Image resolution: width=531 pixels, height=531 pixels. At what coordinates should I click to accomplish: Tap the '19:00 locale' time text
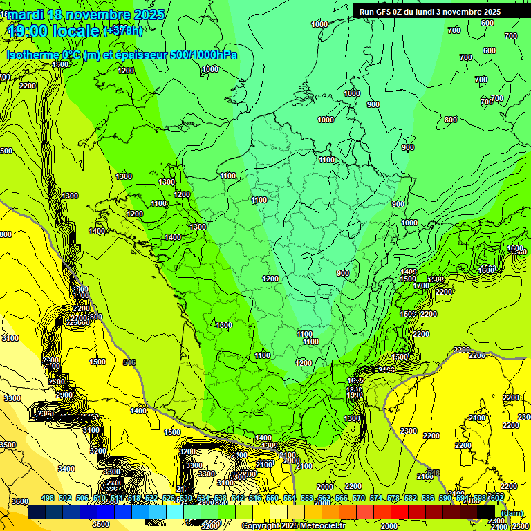point(53,31)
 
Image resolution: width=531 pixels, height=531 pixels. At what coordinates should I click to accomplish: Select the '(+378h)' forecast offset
point(122,31)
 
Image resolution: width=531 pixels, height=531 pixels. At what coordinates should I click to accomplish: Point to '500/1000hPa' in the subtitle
point(204,55)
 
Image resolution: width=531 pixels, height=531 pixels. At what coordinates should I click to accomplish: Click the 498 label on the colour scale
point(48,498)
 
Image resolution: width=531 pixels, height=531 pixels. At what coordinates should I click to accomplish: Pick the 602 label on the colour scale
point(496,498)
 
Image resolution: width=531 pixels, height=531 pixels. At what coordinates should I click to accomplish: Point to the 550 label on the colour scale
point(272,498)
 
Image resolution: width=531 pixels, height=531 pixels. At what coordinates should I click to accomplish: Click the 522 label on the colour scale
point(151,498)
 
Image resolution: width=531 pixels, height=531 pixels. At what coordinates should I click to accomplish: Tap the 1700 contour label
point(421,286)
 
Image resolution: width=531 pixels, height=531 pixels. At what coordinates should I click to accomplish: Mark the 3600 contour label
point(20,501)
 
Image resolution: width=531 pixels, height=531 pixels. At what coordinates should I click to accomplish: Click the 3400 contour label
point(66,469)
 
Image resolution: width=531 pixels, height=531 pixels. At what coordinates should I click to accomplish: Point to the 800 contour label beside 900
point(451,120)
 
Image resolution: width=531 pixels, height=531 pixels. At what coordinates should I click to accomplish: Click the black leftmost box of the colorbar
point(37,512)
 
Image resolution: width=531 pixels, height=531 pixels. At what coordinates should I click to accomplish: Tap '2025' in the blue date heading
point(149,15)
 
